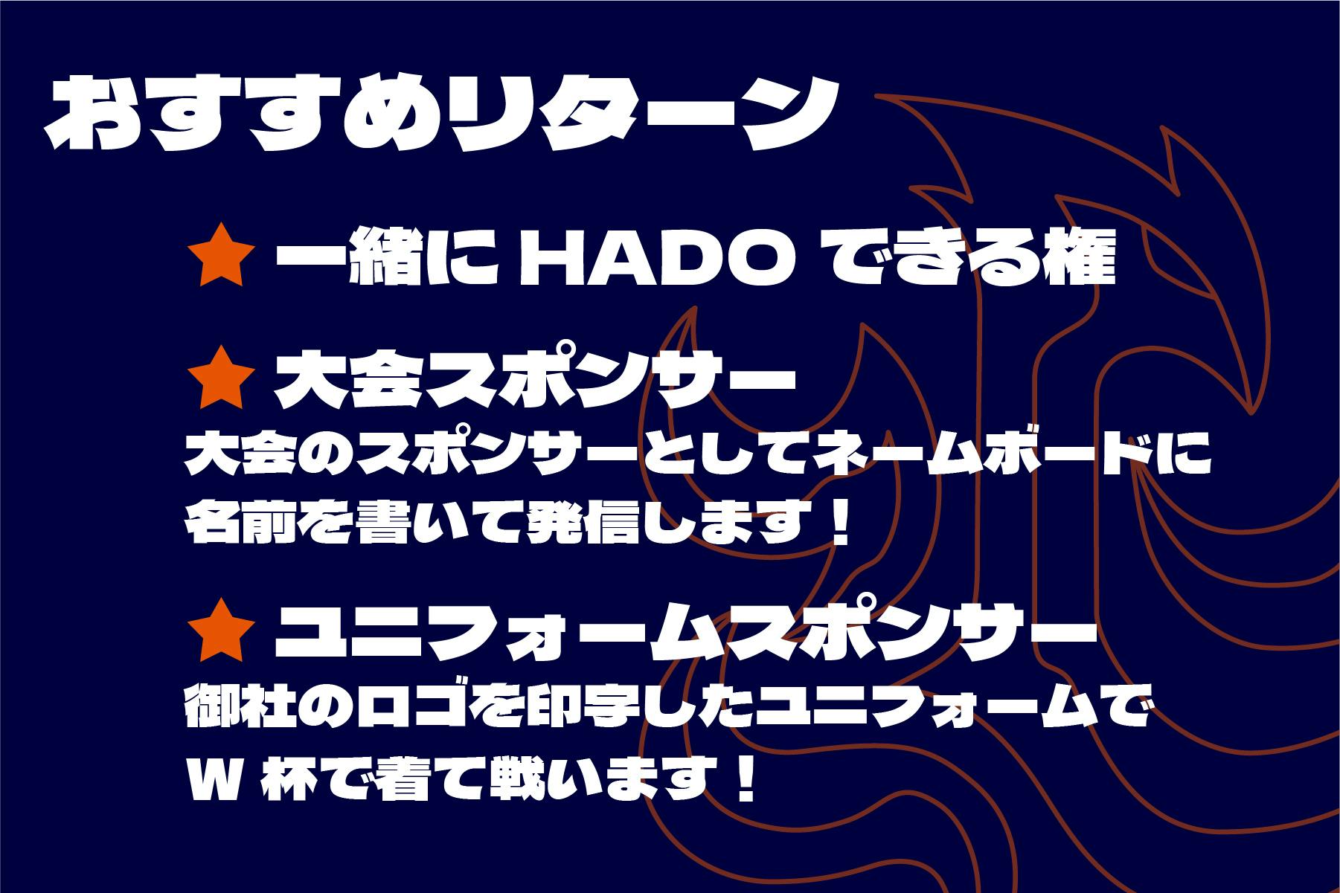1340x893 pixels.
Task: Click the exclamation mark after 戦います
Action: pos(744,776)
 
